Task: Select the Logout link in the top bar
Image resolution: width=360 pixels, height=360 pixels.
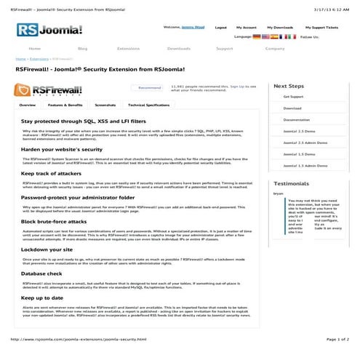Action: coord(220,27)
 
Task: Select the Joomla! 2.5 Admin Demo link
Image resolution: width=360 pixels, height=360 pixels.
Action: coord(303,143)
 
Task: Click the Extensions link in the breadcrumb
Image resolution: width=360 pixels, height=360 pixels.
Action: coord(39,59)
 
